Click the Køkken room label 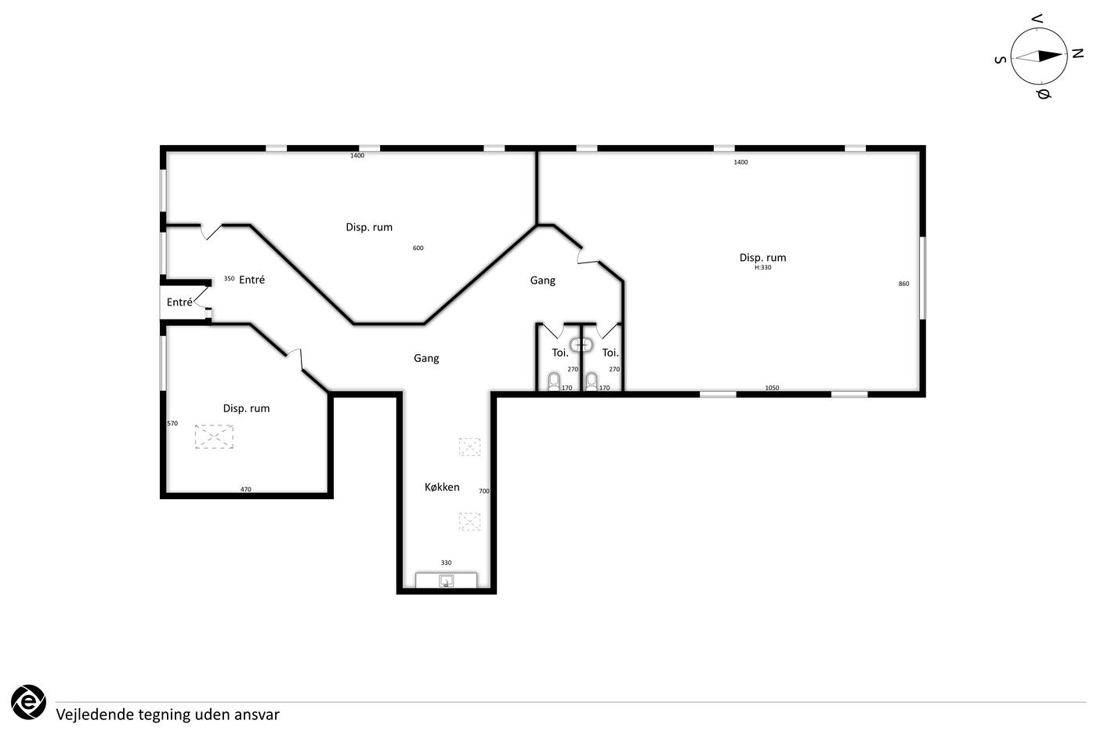[x=442, y=487]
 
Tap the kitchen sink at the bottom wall [x=446, y=581]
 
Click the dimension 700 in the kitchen [x=484, y=491]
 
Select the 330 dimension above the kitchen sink [x=446, y=563]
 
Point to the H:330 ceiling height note [x=762, y=267]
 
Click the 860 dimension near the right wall [x=903, y=284]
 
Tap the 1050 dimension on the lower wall [x=772, y=388]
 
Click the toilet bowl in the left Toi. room [x=554, y=382]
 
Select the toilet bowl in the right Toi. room [x=592, y=382]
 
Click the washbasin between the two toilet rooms [x=581, y=346]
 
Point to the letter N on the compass [x=1077, y=53]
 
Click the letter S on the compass [x=1001, y=60]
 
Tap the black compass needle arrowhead [x=1050, y=56]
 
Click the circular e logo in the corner [x=28, y=702]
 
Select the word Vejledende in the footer [x=95, y=715]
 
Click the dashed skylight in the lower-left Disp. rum [x=214, y=436]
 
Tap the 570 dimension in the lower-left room [x=172, y=423]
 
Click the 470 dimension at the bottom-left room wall [x=245, y=489]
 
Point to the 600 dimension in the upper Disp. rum [x=418, y=248]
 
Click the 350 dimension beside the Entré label [x=229, y=278]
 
